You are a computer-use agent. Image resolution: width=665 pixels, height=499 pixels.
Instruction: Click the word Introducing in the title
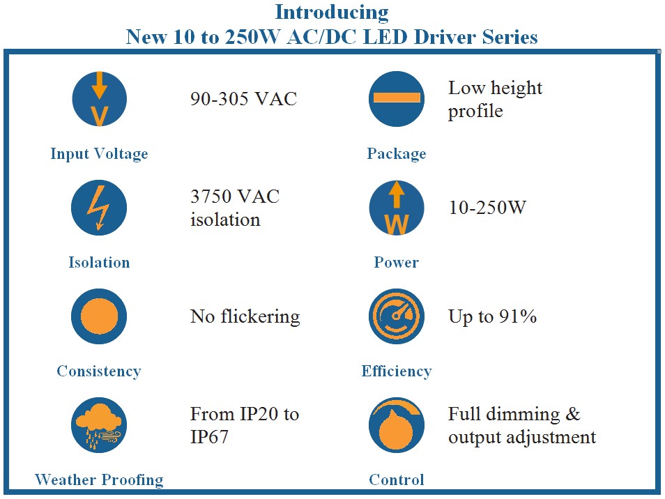coord(332,13)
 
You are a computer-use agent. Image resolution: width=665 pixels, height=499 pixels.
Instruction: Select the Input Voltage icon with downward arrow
coord(99,99)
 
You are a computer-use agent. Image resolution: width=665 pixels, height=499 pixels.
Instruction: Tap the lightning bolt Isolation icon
coord(99,207)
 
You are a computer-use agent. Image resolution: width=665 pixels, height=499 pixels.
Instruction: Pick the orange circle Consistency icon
coord(99,316)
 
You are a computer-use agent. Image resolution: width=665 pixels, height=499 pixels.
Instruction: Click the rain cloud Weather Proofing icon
coord(99,425)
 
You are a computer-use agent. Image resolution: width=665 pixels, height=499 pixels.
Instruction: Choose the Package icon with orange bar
coord(397,99)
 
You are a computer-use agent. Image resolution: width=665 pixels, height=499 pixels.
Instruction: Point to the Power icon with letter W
coord(397,207)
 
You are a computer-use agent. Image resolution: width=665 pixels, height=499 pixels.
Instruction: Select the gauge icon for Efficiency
coord(397,316)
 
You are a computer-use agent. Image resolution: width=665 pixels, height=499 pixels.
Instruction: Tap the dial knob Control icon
coord(397,425)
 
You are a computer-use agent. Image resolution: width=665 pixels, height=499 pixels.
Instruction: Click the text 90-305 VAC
coord(243,99)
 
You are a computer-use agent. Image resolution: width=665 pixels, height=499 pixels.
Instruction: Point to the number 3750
coord(211,197)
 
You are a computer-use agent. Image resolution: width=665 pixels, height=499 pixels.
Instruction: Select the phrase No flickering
coord(245,317)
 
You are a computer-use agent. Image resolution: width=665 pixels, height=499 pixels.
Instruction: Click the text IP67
coord(209,437)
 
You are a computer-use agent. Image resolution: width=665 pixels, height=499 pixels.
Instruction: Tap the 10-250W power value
coord(487,208)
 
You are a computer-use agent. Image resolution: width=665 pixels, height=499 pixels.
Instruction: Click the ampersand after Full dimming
coord(573,414)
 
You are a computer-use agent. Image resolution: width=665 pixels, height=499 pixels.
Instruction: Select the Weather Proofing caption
coord(99,480)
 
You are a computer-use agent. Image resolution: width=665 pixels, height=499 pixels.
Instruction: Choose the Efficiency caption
coord(397,371)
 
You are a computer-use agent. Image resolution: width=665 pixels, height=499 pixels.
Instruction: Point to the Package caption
coord(397,154)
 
